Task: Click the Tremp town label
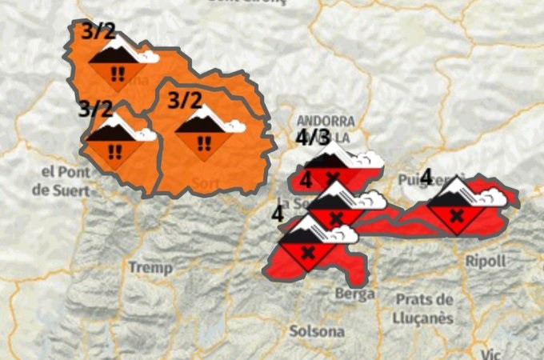pyautogui.click(x=145, y=266)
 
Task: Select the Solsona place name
pyautogui.click(x=311, y=330)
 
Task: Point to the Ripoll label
pyautogui.click(x=486, y=262)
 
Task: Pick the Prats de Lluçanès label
pyautogui.click(x=425, y=309)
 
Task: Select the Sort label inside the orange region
pyautogui.click(x=206, y=183)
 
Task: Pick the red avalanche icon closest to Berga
pyautogui.click(x=308, y=247)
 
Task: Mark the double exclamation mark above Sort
pyautogui.click(x=205, y=143)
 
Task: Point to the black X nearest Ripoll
pyautogui.click(x=456, y=215)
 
